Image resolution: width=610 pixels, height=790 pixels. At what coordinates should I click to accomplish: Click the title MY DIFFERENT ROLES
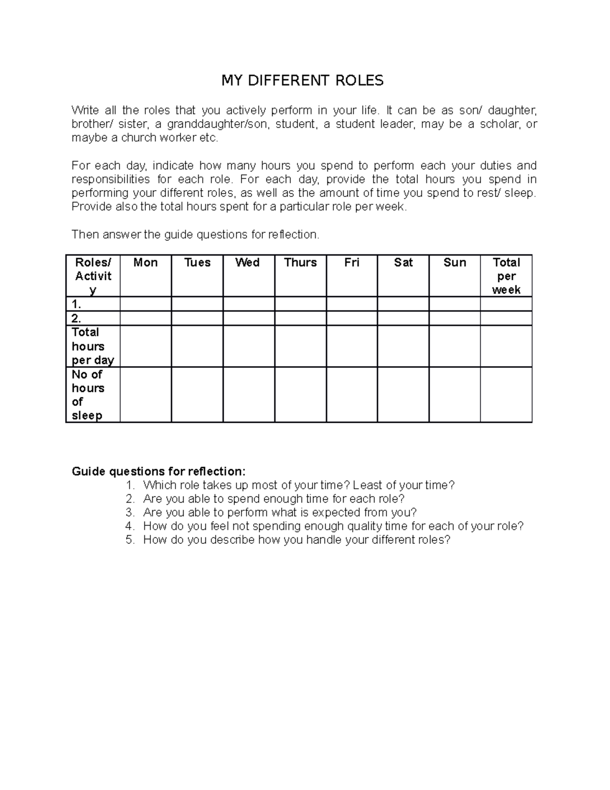(302, 80)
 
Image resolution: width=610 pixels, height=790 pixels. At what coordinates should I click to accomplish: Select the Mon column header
(145, 262)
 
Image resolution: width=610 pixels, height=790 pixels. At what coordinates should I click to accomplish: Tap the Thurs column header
(300, 262)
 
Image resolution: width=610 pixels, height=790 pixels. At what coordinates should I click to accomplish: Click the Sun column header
(454, 262)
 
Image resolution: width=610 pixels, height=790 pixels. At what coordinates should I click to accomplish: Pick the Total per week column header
(506, 276)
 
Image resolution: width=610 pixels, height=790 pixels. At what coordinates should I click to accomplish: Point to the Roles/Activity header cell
(93, 276)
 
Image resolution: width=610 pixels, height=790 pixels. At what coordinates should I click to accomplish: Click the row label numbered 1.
(77, 304)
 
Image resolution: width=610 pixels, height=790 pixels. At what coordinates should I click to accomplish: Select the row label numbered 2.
(77, 318)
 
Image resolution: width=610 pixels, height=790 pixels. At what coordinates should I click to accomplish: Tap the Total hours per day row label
(93, 346)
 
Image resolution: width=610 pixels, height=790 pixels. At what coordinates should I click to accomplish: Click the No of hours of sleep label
(88, 395)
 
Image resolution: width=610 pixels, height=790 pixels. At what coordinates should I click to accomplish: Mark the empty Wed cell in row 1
(249, 304)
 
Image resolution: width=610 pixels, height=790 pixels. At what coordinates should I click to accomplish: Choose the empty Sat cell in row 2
(403, 318)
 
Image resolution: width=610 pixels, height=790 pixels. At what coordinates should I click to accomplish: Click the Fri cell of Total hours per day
(352, 346)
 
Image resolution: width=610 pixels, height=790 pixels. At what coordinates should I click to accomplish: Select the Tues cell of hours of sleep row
(197, 395)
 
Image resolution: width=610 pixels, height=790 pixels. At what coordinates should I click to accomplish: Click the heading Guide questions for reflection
(159, 471)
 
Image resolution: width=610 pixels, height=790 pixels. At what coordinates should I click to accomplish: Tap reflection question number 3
(280, 512)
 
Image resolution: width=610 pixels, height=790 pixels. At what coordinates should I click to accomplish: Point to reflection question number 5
(296, 540)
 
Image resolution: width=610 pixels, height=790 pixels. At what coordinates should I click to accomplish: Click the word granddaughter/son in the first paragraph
(216, 124)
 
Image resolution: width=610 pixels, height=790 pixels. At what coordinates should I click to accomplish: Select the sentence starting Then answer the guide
(196, 235)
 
